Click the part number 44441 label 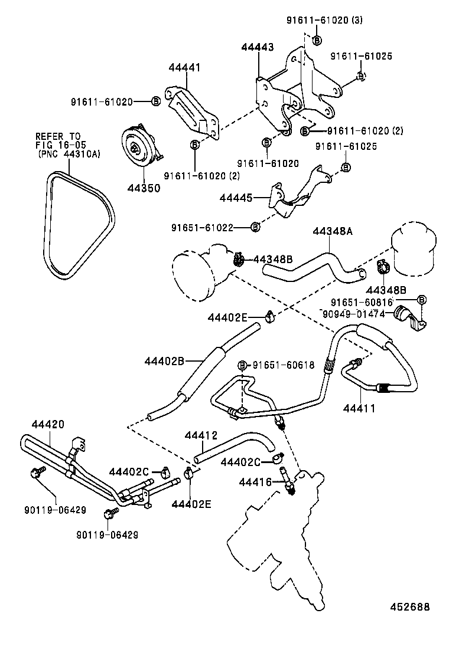[184, 68]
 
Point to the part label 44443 [257, 48]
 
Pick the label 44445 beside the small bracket [236, 199]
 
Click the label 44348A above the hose [332, 231]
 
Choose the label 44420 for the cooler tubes [48, 424]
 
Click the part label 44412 [201, 435]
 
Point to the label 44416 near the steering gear [255, 483]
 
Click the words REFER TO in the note [58, 136]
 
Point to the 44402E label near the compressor [227, 317]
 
